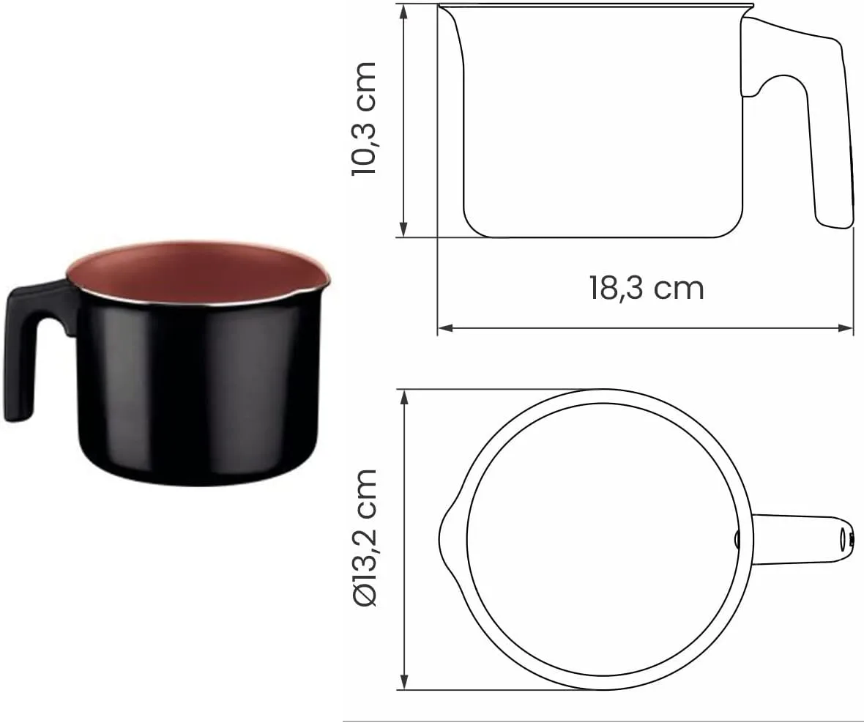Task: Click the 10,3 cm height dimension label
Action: pos(364,119)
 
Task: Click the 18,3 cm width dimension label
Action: pos(647,288)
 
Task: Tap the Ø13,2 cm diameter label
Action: pos(364,538)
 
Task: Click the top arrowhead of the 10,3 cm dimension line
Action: pos(404,11)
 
